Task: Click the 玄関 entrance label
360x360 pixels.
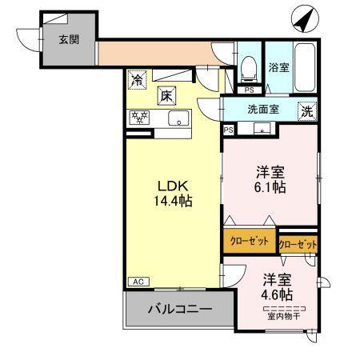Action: click(67, 39)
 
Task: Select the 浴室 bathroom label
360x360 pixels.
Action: click(278, 67)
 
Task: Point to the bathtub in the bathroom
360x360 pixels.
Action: click(305, 66)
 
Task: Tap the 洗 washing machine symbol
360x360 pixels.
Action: click(307, 112)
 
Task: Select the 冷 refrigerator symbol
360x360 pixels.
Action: click(138, 79)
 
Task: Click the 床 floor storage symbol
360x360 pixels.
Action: click(166, 94)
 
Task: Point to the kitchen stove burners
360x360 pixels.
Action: click(142, 119)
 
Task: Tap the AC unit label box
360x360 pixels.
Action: click(138, 282)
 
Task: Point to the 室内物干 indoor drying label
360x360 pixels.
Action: click(284, 316)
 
